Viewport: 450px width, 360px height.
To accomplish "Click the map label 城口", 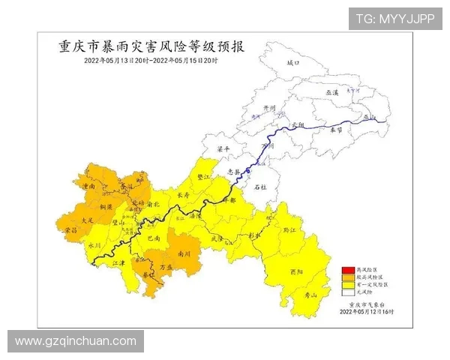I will coord(292,63).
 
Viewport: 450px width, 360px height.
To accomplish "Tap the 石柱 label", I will coord(260,187).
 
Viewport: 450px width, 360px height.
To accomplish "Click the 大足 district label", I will coord(87,220).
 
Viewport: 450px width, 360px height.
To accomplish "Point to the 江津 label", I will coord(116,263).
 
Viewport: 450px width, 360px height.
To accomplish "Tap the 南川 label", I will coord(184,254).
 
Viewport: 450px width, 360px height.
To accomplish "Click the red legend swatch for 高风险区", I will coord(347,270).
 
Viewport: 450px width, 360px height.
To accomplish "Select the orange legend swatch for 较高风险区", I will coord(347,277).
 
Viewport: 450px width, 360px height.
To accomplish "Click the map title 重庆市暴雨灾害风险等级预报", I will coord(151,46).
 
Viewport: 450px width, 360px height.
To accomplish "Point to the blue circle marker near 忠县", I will coord(248,171).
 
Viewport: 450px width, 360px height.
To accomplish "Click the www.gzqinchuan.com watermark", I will coord(76,341).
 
